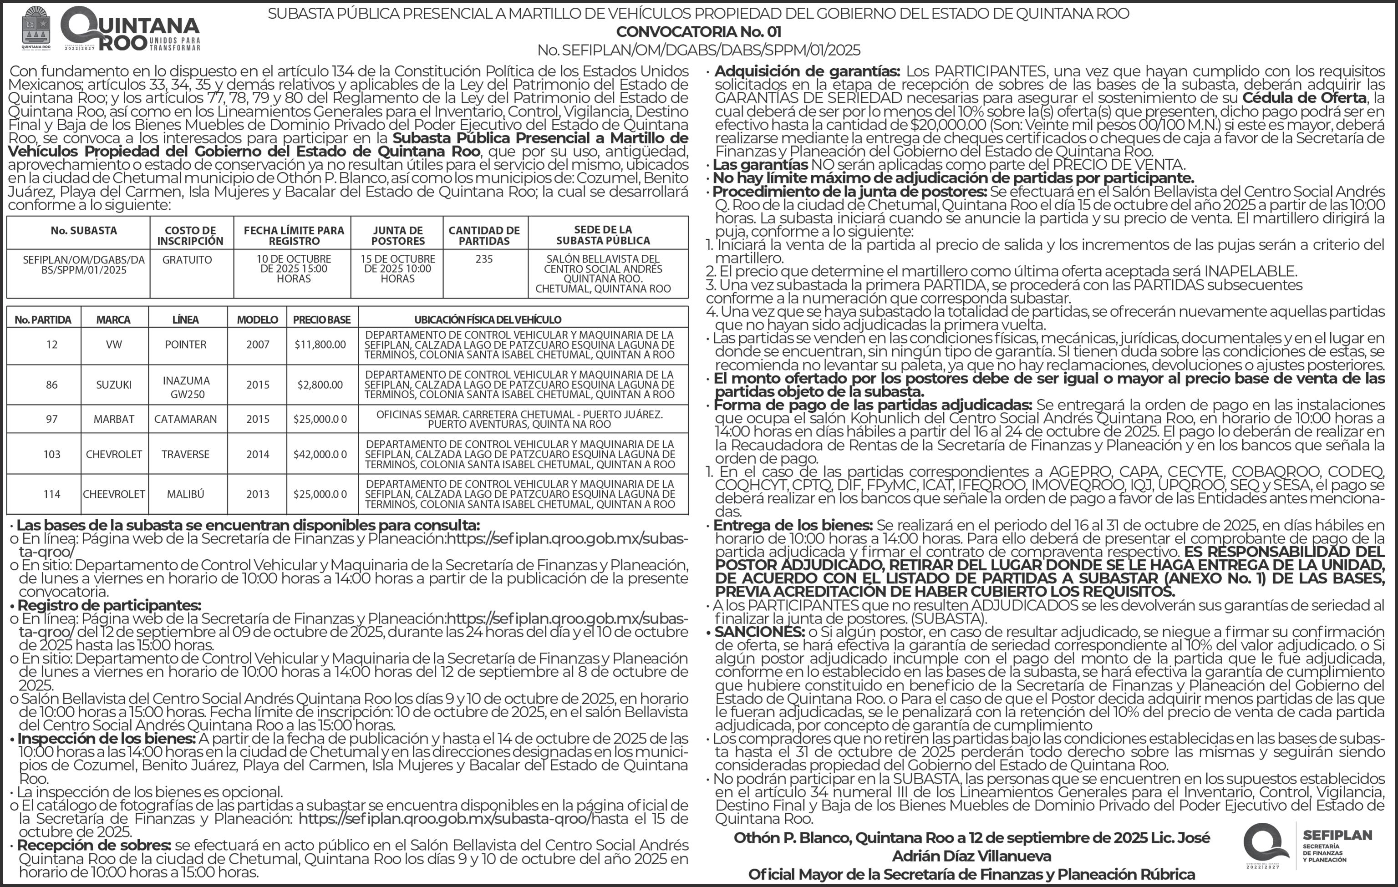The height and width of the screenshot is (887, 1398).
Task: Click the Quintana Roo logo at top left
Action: click(110, 29)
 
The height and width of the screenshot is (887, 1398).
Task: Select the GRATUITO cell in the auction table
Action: click(187, 260)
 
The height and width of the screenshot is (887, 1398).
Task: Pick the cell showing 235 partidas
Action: click(484, 259)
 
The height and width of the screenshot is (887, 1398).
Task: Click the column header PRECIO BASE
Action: click(322, 319)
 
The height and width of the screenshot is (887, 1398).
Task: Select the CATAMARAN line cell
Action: click(186, 419)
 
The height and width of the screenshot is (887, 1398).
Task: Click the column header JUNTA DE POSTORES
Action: click(398, 235)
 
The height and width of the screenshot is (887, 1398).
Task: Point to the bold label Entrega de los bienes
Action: click(793, 525)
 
